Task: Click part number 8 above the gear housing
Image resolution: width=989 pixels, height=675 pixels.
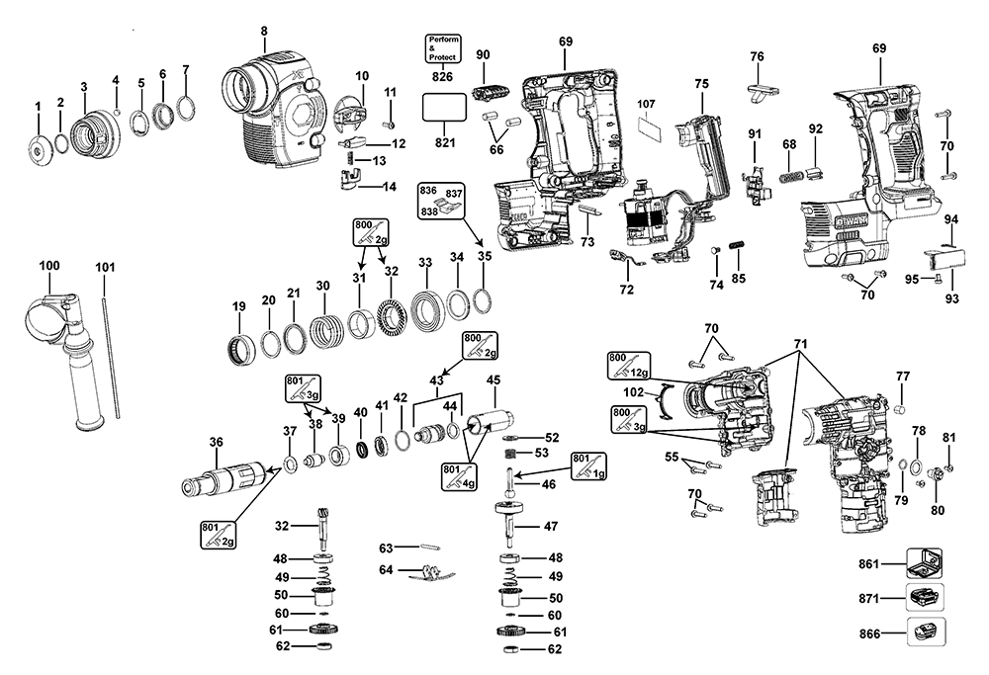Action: [x=264, y=31]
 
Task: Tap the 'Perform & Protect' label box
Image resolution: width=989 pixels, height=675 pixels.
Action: [x=443, y=48]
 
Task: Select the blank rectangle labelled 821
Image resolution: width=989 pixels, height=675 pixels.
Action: [x=444, y=108]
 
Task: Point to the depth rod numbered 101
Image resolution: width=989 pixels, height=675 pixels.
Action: [x=109, y=346]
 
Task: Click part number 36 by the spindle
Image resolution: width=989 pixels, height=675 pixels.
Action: [x=215, y=442]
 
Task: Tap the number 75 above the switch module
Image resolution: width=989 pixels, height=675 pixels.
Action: [x=701, y=84]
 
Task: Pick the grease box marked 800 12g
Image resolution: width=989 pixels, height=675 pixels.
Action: [x=629, y=365]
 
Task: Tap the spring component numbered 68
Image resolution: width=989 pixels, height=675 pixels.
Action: [x=789, y=176]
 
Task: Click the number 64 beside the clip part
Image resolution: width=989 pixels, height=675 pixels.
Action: [x=386, y=569]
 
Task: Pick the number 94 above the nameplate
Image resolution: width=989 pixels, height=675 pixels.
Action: [x=950, y=219]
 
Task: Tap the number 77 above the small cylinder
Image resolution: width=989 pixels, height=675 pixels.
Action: [x=902, y=377]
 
